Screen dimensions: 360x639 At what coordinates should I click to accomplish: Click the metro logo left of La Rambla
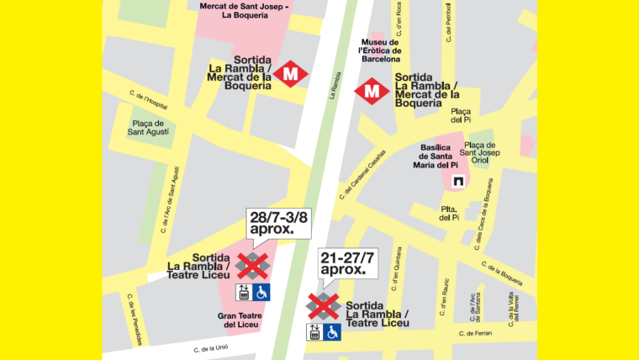pos(290,75)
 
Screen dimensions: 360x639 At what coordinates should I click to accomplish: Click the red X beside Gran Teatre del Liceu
pos(251,265)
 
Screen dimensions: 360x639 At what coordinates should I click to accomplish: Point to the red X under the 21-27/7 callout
pos(323,306)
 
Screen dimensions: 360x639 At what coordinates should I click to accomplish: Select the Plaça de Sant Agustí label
pos(148,127)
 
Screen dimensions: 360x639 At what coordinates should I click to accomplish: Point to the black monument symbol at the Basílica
pos(459,182)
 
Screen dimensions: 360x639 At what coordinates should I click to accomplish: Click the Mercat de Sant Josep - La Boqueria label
pos(243,10)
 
